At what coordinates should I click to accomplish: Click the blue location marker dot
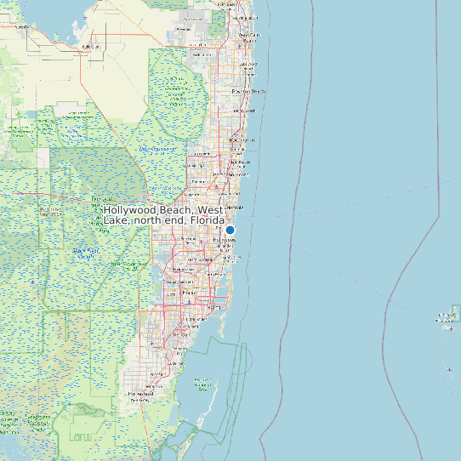click(230, 230)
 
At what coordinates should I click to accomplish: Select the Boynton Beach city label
click(248, 91)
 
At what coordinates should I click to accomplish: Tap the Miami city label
click(202, 293)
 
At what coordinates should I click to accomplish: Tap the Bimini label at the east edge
click(447, 317)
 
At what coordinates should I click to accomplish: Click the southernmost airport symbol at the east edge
click(448, 369)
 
